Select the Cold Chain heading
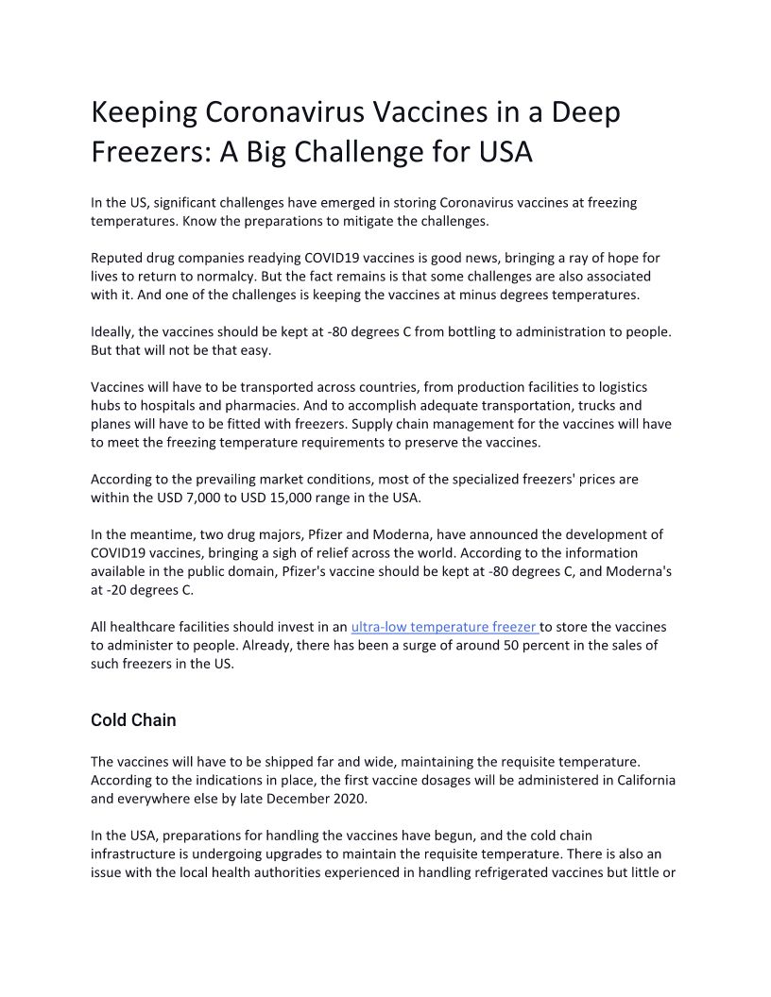(133, 720)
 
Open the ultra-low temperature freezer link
(444, 627)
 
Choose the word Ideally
(112, 332)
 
